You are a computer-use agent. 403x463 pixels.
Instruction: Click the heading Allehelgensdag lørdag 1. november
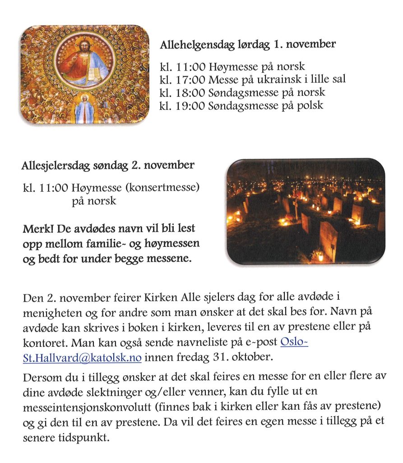[248, 45]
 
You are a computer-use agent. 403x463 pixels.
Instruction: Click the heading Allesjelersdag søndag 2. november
[108, 165]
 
